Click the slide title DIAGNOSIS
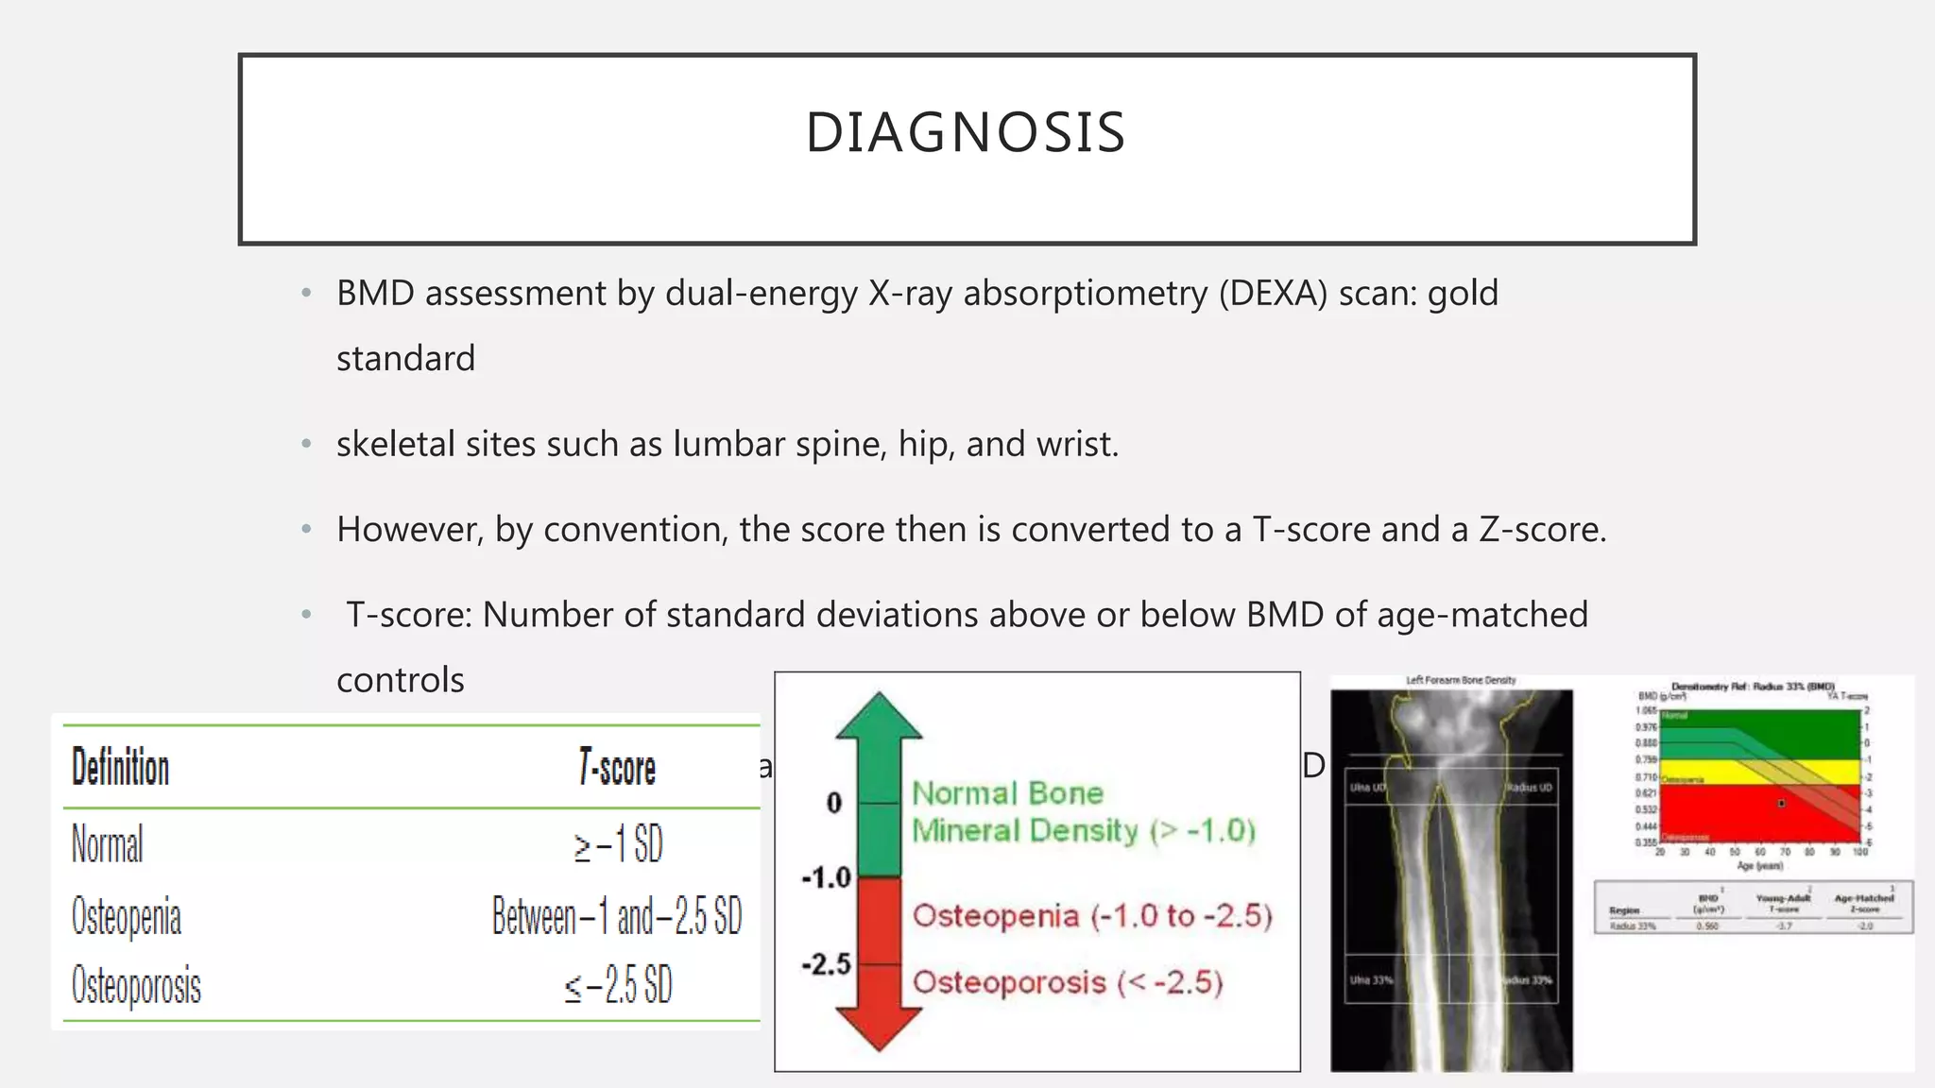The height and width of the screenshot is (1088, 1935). [966, 132]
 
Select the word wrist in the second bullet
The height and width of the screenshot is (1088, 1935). [1072, 444]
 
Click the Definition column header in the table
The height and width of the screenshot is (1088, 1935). [121, 767]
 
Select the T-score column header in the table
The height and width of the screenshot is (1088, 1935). [617, 768]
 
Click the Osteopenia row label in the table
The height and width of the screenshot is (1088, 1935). [127, 917]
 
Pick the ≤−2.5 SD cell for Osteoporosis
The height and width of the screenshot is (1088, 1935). [618, 986]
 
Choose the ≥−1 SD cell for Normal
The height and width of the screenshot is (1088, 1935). [618, 843]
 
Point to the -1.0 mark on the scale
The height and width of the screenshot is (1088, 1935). [827, 877]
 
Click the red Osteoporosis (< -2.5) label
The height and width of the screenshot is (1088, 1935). [1068, 982]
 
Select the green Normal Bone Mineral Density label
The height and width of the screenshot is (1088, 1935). [1083, 812]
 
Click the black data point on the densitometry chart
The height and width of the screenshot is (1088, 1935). [1781, 804]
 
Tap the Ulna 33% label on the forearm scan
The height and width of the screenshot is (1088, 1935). [1371, 980]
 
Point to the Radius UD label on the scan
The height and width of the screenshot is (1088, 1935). [1531, 788]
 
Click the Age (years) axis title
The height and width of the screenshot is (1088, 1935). [1758, 865]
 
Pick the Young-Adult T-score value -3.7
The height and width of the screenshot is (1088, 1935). [1783, 926]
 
